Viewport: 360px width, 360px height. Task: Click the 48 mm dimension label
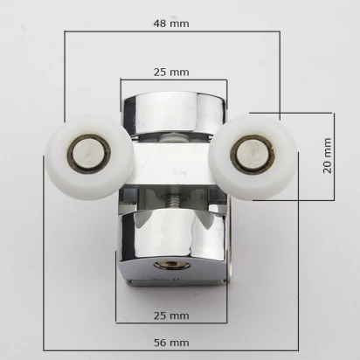click(171, 24)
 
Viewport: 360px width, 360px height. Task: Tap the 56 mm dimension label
click(171, 343)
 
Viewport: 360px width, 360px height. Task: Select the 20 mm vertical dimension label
click(328, 156)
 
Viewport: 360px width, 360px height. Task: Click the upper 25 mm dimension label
click(171, 72)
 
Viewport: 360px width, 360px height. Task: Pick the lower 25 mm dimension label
click(171, 315)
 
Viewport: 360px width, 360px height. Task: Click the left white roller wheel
click(89, 157)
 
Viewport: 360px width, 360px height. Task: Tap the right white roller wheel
click(253, 157)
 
